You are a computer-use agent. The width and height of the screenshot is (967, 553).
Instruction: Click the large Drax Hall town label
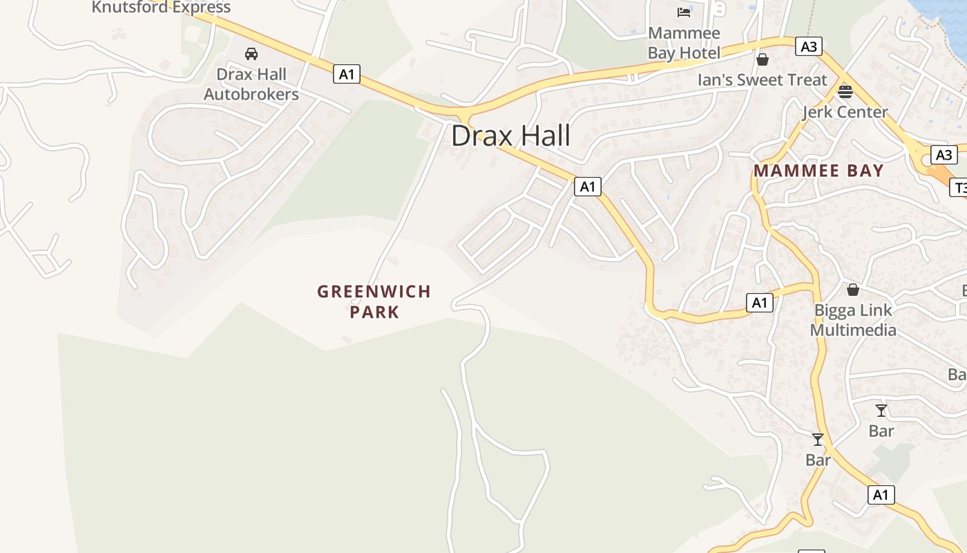pyautogui.click(x=510, y=135)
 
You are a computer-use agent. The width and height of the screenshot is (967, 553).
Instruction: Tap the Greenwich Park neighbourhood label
pyautogui.click(x=374, y=301)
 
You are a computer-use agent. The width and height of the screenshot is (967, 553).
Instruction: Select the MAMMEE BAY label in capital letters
pyautogui.click(x=818, y=171)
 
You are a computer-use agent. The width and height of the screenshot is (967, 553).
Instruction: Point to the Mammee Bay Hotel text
pyautogui.click(x=684, y=43)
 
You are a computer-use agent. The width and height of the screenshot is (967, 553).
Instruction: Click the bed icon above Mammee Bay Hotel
pyautogui.click(x=684, y=12)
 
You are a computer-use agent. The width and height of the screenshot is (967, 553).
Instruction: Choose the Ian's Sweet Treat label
pyautogui.click(x=762, y=80)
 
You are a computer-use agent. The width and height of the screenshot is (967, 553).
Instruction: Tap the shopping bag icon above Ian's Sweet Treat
pyautogui.click(x=763, y=59)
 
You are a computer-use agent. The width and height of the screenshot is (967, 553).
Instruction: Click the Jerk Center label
pyautogui.click(x=845, y=112)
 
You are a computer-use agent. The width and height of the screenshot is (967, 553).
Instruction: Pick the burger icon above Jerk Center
pyautogui.click(x=845, y=91)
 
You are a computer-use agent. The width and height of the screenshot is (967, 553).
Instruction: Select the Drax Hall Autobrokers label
pyautogui.click(x=251, y=84)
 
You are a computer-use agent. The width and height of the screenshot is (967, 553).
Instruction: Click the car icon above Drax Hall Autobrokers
pyautogui.click(x=251, y=54)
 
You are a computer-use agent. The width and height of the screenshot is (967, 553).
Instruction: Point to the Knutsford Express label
pyautogui.click(x=161, y=8)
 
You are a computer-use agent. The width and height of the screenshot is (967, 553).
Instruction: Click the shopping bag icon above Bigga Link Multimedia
pyautogui.click(x=853, y=290)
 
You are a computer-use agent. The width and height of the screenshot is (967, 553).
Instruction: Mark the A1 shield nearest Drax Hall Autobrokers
pyautogui.click(x=347, y=74)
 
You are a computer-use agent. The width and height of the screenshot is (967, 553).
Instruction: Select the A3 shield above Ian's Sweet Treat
pyautogui.click(x=808, y=47)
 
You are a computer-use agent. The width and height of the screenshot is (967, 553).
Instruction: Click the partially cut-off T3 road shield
pyautogui.click(x=959, y=187)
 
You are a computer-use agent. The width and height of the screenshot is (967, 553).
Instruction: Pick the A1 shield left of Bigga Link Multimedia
pyautogui.click(x=760, y=303)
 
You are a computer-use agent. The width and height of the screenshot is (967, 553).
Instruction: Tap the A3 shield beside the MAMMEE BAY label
pyautogui.click(x=944, y=155)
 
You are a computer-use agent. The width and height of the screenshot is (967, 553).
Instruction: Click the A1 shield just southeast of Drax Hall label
pyautogui.click(x=587, y=187)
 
